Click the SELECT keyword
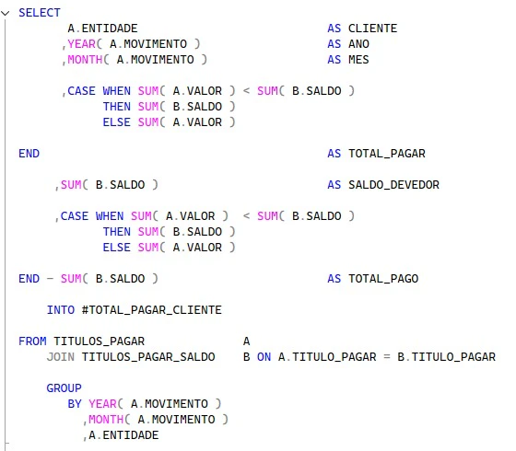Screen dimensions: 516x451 click(x=40, y=13)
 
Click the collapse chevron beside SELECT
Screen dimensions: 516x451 click(x=6, y=13)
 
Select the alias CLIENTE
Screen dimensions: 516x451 click(x=372, y=29)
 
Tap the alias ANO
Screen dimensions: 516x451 click(x=358, y=44)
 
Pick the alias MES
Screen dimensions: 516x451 click(x=358, y=60)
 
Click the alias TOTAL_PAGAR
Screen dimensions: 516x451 click(x=387, y=154)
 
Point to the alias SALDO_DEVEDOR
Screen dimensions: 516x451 click(x=393, y=185)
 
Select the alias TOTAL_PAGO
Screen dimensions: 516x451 click(x=383, y=279)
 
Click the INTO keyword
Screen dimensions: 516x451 click(x=61, y=310)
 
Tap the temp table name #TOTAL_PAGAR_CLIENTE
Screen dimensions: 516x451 click(x=152, y=310)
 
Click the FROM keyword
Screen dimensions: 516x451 click(x=32, y=341)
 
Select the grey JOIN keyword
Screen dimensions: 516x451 click(x=61, y=357)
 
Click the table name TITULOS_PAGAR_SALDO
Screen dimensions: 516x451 click(x=148, y=357)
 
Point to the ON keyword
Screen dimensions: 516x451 click(x=264, y=357)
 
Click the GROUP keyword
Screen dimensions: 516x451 click(x=64, y=388)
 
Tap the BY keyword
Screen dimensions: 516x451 click(x=75, y=404)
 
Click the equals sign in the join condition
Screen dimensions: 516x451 click(x=387, y=357)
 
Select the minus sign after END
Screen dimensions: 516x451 click(x=50, y=279)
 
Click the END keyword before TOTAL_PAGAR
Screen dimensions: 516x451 click(x=29, y=154)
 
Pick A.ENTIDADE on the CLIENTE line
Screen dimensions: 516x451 click(x=102, y=29)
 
